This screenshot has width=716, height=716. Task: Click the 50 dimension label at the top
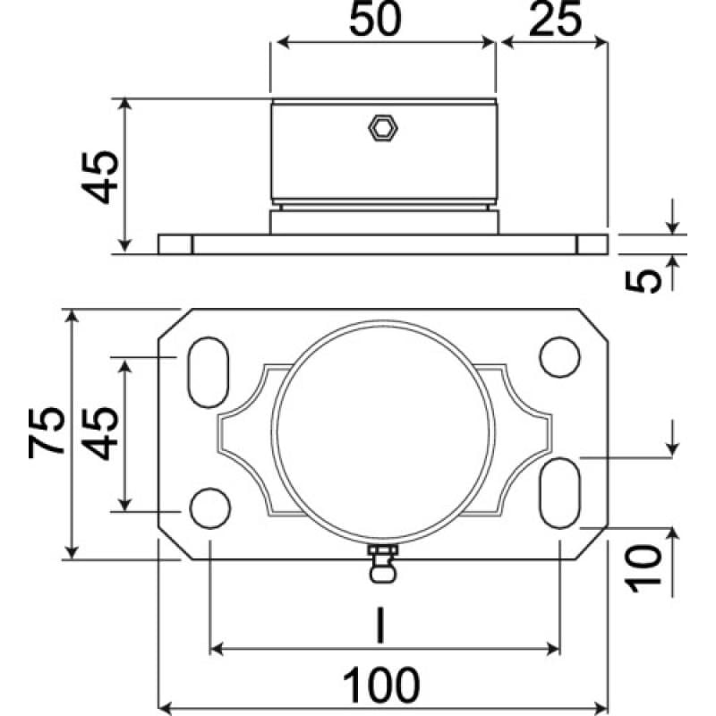(x=373, y=21)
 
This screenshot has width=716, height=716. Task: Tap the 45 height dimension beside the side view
(x=98, y=176)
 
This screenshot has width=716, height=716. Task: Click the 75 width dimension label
(x=47, y=433)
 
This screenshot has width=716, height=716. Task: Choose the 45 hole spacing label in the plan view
(x=100, y=433)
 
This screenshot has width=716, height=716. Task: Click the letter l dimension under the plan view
(x=379, y=627)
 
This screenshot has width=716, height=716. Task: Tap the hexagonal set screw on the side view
(x=383, y=128)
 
